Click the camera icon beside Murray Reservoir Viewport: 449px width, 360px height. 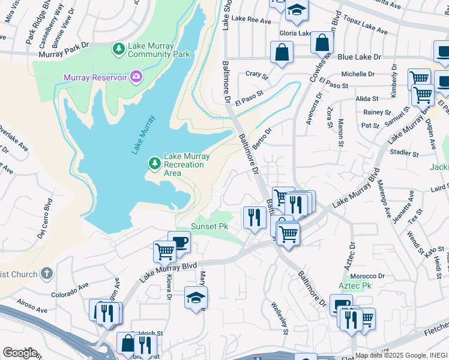(x=136, y=76)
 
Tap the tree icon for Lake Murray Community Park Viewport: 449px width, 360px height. (x=119, y=48)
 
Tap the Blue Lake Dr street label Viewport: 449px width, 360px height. (x=359, y=57)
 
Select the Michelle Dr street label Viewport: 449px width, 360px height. (x=358, y=74)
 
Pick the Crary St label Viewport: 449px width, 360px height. (x=256, y=74)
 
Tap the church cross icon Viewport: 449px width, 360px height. (x=47, y=274)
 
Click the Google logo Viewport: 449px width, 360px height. (x=20, y=353)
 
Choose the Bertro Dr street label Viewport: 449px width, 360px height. (x=262, y=138)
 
